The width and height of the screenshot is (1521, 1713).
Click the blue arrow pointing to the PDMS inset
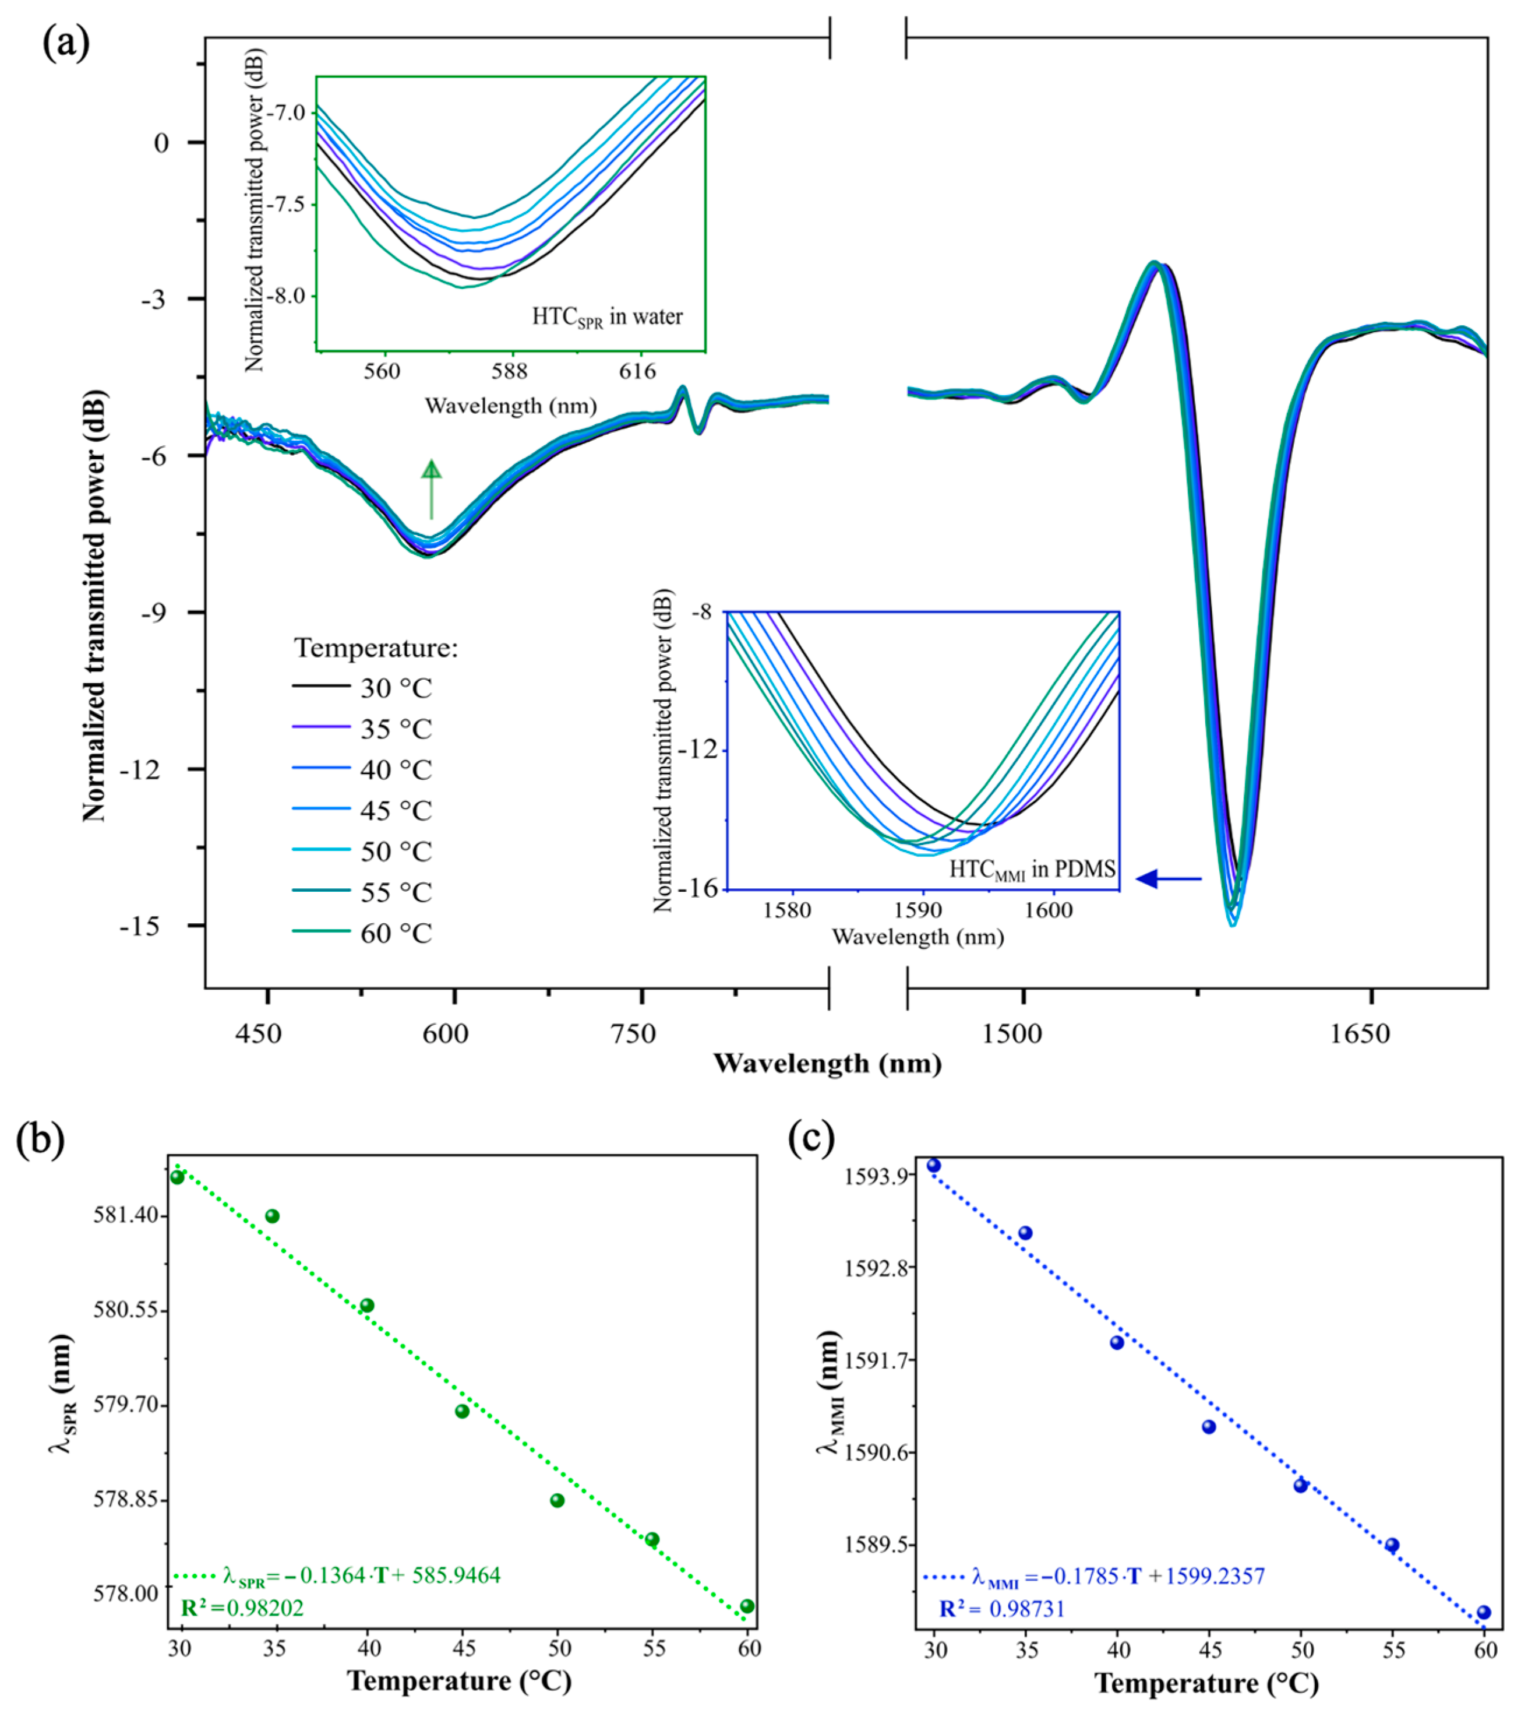pyautogui.click(x=1169, y=878)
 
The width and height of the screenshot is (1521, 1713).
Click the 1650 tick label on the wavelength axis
pyautogui.click(x=1360, y=1034)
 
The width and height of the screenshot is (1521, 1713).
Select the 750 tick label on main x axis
pyautogui.click(x=633, y=1034)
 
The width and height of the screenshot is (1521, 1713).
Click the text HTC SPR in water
pyautogui.click(x=607, y=317)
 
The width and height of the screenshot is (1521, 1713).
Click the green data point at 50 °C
pyautogui.click(x=557, y=1500)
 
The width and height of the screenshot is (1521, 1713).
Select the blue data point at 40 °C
pyautogui.click(x=1117, y=1342)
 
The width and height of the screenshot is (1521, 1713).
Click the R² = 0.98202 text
pyautogui.click(x=242, y=1608)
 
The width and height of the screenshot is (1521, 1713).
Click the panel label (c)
pyautogui.click(x=811, y=1139)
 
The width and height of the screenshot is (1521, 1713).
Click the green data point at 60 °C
pyautogui.click(x=747, y=1606)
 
